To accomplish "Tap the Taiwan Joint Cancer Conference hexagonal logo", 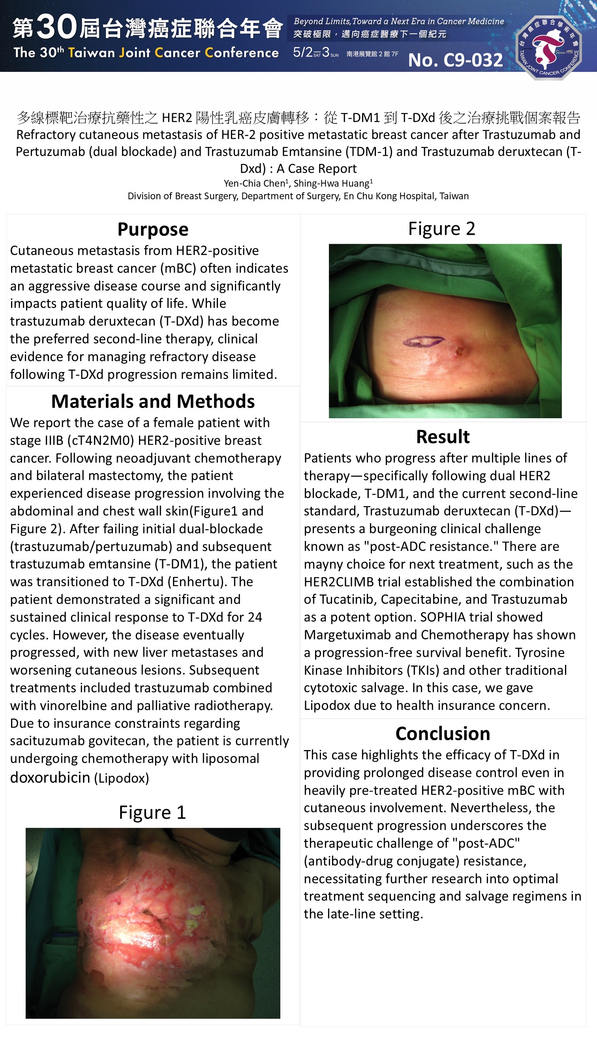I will (x=549, y=47).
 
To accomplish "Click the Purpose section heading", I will (x=153, y=229).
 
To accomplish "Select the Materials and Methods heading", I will (x=153, y=401).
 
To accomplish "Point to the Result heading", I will (x=443, y=437).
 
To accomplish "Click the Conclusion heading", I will (x=443, y=733).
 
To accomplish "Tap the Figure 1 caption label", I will (x=152, y=812).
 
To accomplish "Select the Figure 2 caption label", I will (x=441, y=228).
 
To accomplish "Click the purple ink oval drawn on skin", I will (x=423, y=341).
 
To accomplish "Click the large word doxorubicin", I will (x=50, y=777).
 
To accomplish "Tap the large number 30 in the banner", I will (x=56, y=27).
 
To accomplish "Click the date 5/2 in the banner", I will (x=302, y=52).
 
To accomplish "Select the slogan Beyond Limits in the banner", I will (x=321, y=21).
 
